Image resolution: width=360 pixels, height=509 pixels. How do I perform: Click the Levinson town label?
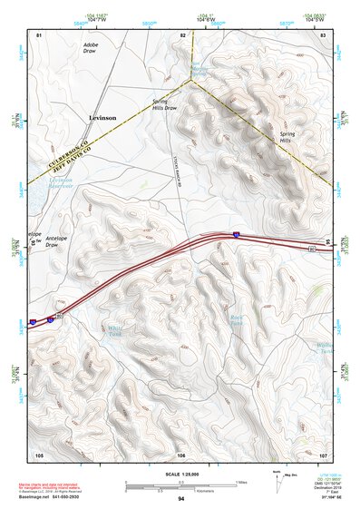(102, 118)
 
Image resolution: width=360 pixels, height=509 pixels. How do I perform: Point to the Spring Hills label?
(289, 137)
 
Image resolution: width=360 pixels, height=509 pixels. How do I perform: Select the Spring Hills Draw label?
(164, 105)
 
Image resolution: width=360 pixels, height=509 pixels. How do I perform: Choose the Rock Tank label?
(236, 318)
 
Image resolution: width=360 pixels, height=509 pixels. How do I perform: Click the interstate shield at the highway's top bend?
(236, 234)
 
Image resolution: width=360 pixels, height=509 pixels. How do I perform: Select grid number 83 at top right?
(323, 34)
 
